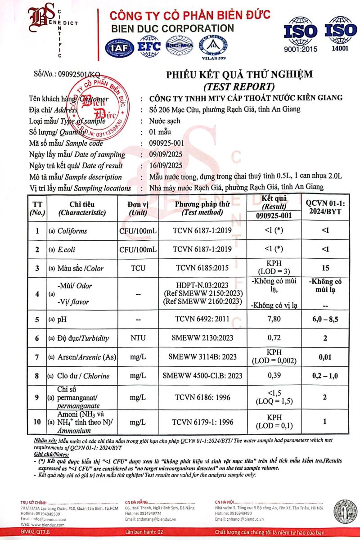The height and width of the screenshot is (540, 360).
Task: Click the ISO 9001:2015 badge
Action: (x=300, y=33)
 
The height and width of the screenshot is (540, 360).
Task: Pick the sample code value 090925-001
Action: (x=169, y=143)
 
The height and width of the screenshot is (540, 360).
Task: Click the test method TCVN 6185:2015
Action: (x=202, y=268)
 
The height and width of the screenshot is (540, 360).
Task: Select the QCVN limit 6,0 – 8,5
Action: (x=325, y=319)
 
